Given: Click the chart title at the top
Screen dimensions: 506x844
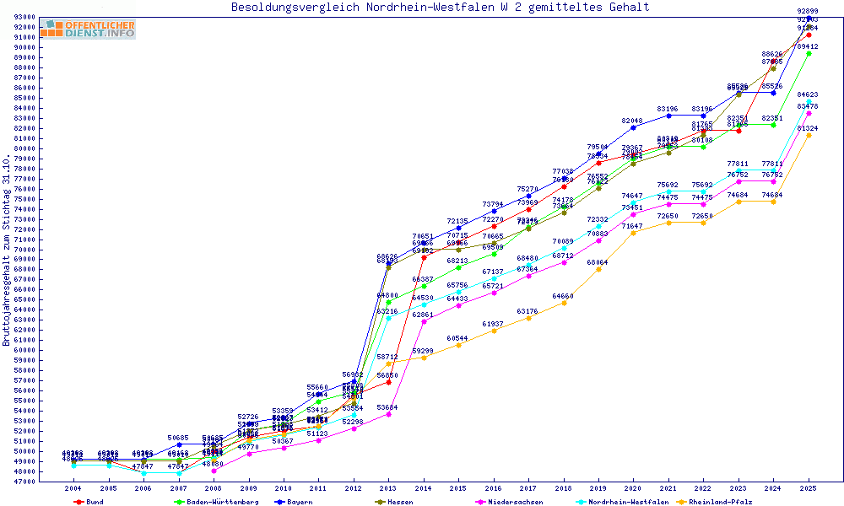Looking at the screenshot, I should (x=441, y=8).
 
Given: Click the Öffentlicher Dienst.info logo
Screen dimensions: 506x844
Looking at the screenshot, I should (x=88, y=29).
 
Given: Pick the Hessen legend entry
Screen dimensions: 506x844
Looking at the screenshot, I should (x=394, y=502).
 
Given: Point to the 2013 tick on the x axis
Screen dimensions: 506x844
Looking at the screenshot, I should (x=388, y=488).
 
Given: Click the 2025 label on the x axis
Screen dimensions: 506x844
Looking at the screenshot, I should (x=809, y=488).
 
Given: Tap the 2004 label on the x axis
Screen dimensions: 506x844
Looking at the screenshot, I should (x=74, y=488).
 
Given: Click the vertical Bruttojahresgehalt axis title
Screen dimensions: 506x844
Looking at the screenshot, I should (x=7, y=250).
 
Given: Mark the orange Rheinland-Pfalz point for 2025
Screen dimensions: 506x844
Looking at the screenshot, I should (x=809, y=135).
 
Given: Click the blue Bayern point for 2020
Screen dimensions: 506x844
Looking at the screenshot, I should (x=633, y=127).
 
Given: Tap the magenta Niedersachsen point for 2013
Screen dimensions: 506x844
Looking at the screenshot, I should (x=388, y=414).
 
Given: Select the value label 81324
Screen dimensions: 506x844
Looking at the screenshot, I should (x=808, y=128).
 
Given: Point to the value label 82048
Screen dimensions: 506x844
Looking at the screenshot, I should (x=632, y=121).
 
